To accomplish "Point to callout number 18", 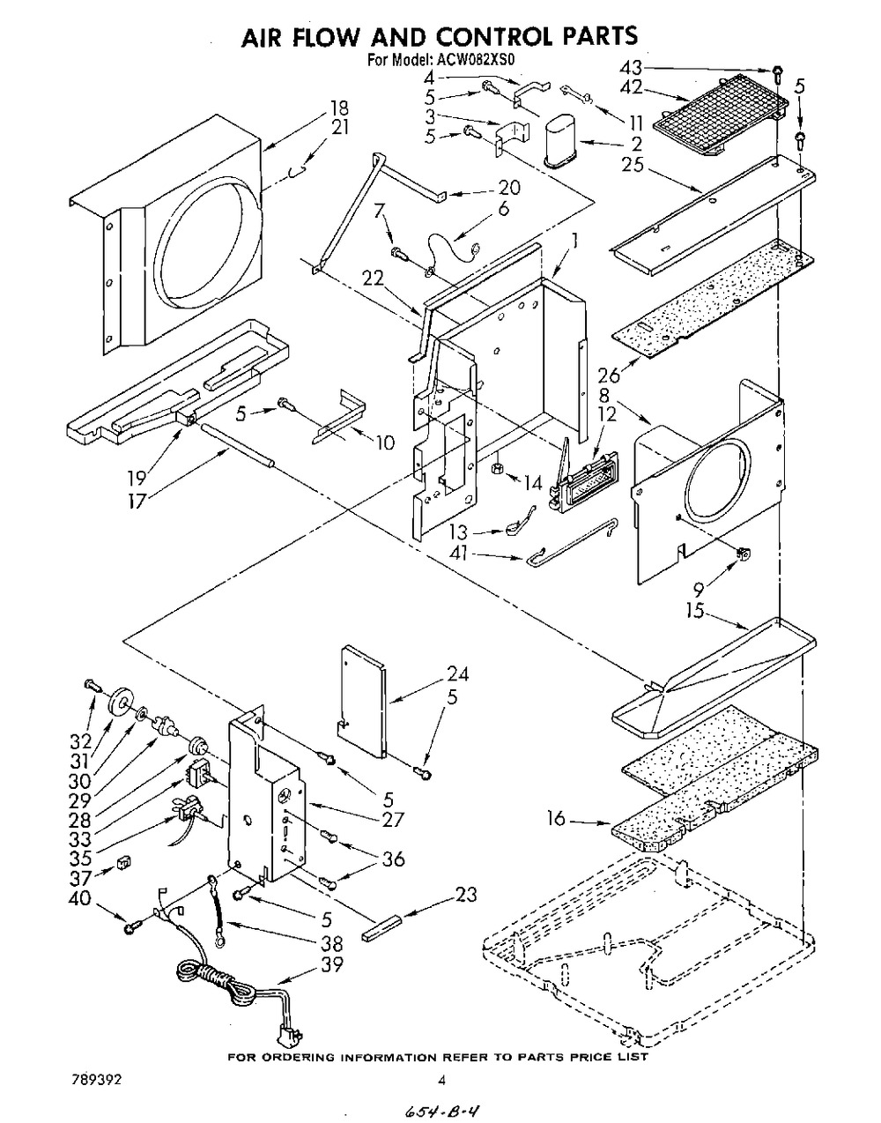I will [339, 108].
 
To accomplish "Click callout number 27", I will [392, 819].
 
